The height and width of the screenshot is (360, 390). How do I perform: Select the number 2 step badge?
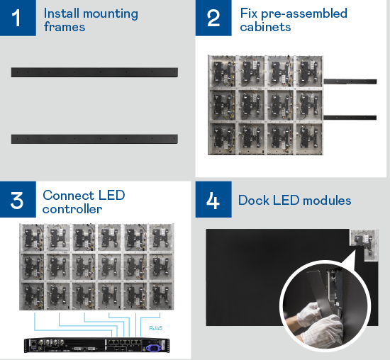click(x=213, y=18)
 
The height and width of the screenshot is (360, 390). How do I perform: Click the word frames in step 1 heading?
click(x=65, y=28)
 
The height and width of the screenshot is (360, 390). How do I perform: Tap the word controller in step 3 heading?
click(x=72, y=209)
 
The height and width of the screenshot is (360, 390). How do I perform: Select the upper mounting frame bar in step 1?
click(x=94, y=72)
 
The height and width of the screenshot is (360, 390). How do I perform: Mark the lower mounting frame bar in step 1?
click(x=94, y=137)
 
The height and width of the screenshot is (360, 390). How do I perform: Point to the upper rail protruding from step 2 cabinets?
click(x=350, y=81)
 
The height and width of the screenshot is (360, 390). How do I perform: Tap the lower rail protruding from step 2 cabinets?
click(x=350, y=116)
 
